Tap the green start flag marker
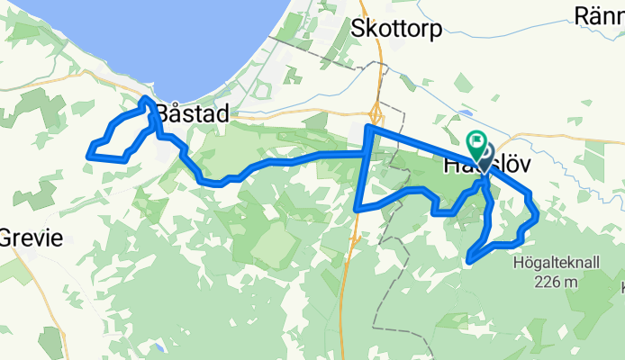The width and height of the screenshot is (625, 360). pyautogui.click(x=476, y=142)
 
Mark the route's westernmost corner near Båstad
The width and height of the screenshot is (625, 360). pyautogui.click(x=88, y=156)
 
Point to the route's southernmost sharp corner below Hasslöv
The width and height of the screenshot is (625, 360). pyautogui.click(x=469, y=261)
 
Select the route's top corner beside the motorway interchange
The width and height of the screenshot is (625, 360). pyautogui.click(x=367, y=129)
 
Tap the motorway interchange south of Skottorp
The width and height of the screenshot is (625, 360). pyautogui.click(x=376, y=115)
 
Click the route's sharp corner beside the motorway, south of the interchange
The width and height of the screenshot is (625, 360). pyautogui.click(x=358, y=209)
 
